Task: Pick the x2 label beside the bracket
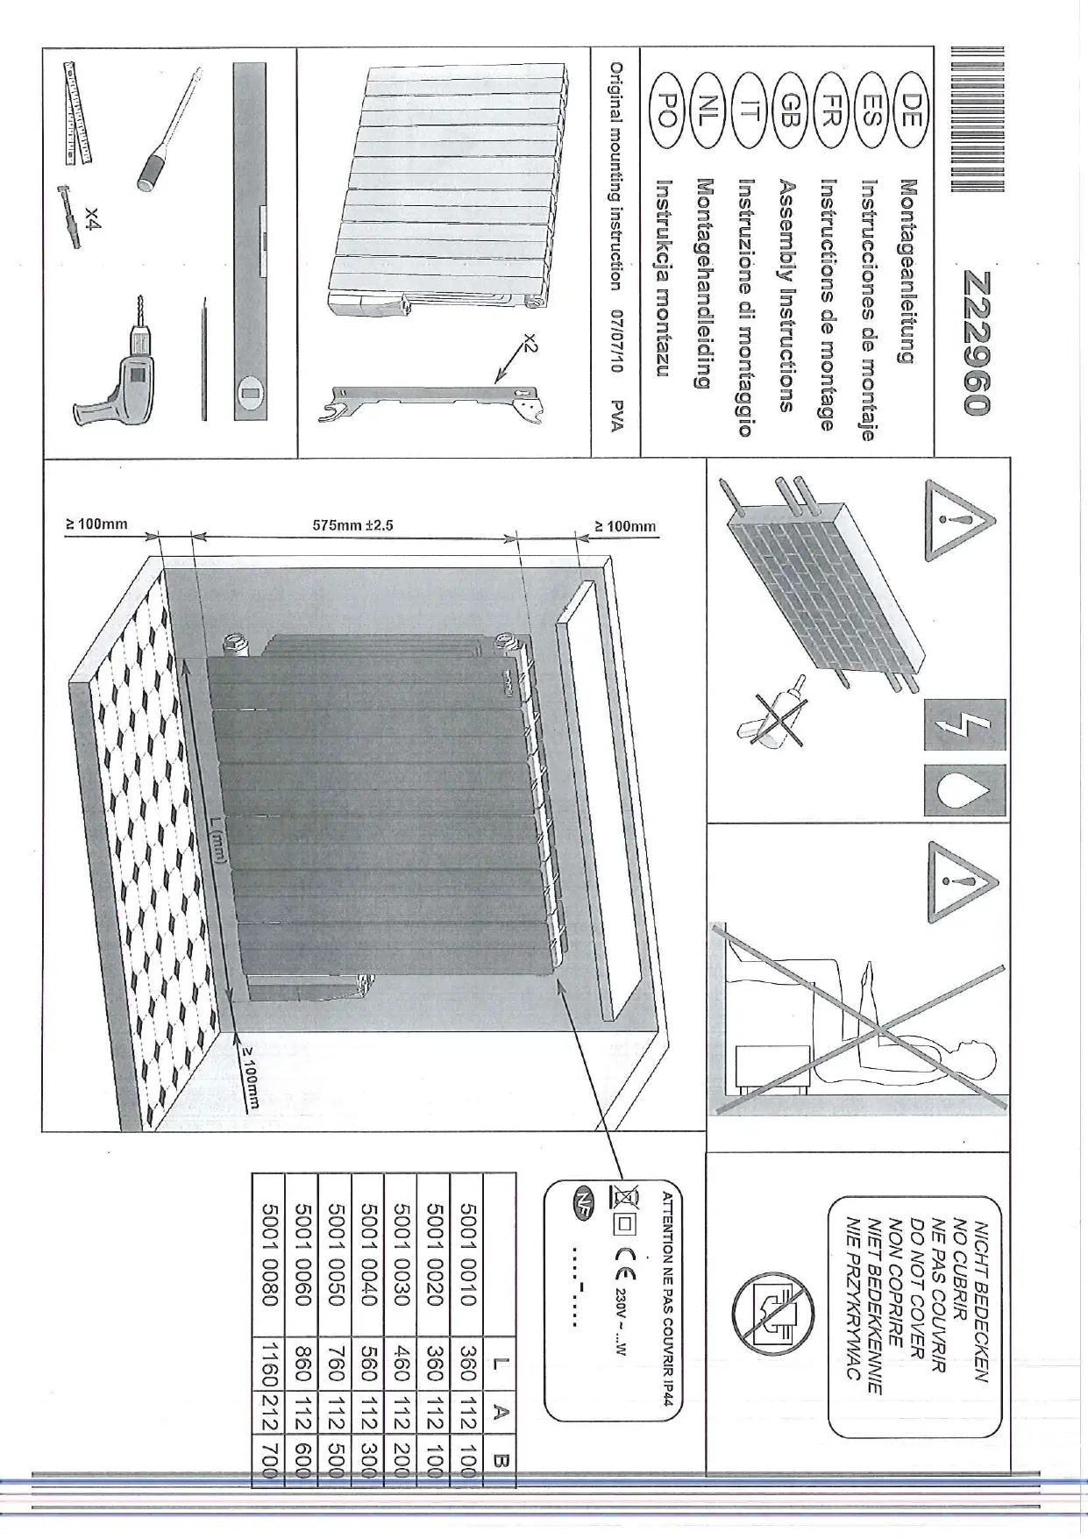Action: (x=528, y=343)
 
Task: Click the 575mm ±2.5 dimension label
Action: (x=353, y=526)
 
